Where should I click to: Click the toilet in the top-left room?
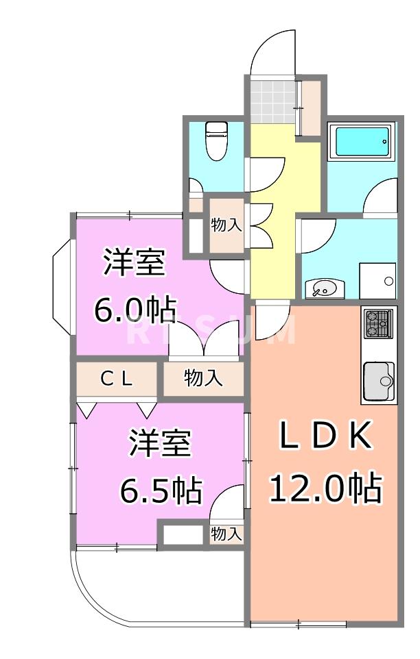(217, 140)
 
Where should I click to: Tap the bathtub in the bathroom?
(360, 142)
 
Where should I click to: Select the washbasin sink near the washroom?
(321, 288)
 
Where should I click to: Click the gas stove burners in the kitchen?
(379, 323)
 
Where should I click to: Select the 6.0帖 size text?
(135, 310)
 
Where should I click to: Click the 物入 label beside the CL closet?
(203, 378)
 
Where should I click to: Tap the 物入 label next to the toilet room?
(226, 225)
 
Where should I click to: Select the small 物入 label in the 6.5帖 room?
(226, 534)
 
